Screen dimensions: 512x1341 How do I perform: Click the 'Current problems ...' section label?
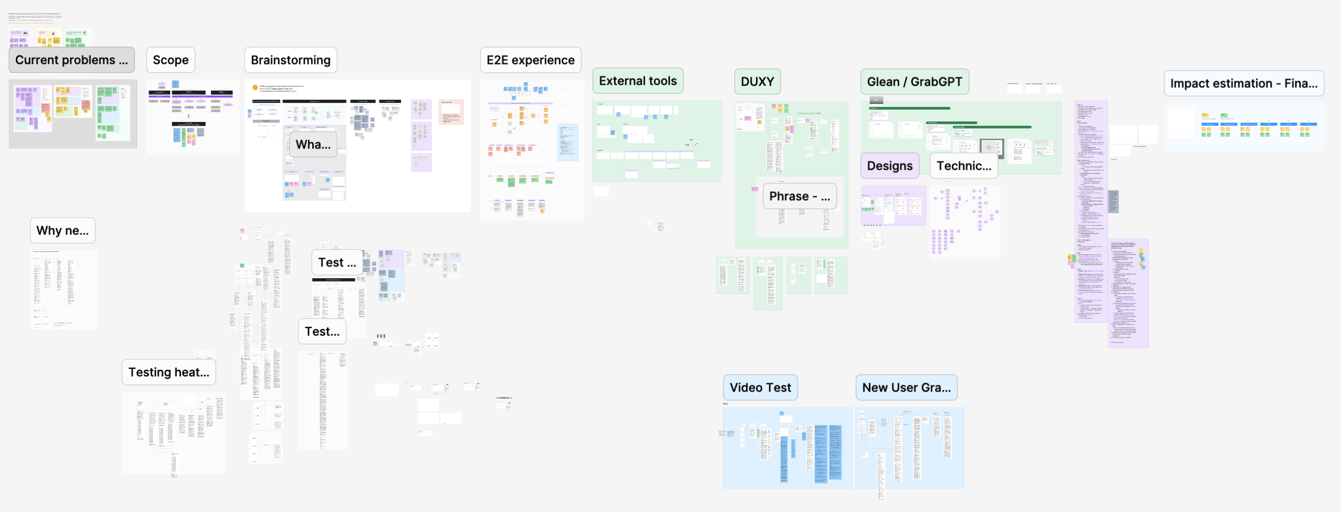tap(72, 60)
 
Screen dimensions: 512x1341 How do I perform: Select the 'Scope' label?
tap(171, 60)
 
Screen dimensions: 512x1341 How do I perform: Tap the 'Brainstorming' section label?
tap(291, 60)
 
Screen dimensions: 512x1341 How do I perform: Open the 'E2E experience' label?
tap(530, 60)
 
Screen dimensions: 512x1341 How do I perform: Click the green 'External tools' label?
tap(637, 81)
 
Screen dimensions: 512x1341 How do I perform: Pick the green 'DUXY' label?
tap(757, 82)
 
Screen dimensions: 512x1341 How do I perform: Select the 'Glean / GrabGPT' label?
tap(914, 82)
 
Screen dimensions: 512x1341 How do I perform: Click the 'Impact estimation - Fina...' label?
tap(1243, 84)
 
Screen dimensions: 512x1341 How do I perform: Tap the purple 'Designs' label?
tap(889, 166)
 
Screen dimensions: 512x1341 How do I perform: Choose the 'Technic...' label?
tap(964, 166)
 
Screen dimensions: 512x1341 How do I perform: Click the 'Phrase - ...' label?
tap(800, 196)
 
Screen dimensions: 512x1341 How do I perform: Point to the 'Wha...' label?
tap(313, 145)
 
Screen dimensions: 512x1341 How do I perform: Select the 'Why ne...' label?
tap(62, 231)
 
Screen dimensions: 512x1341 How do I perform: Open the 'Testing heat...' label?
tap(169, 372)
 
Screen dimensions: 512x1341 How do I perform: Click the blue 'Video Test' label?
tap(760, 388)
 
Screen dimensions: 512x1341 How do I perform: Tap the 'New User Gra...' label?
tap(906, 388)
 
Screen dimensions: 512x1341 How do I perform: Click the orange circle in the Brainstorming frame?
tap(255, 87)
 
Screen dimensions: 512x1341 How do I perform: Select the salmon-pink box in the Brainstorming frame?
tap(451, 112)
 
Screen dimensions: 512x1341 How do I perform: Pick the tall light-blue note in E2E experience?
tap(568, 142)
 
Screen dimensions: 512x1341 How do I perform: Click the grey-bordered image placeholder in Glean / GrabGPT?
tap(991, 148)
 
